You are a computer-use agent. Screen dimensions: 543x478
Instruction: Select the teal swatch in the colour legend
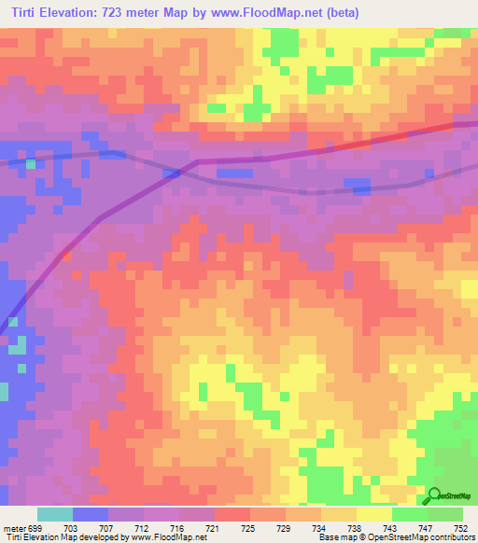coord(54,514)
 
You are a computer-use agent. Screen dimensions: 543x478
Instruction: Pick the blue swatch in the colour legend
coord(90,514)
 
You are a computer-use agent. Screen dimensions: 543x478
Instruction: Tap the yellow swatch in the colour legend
coord(373,514)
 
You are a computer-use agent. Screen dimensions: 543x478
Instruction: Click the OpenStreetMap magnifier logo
coord(436,495)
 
